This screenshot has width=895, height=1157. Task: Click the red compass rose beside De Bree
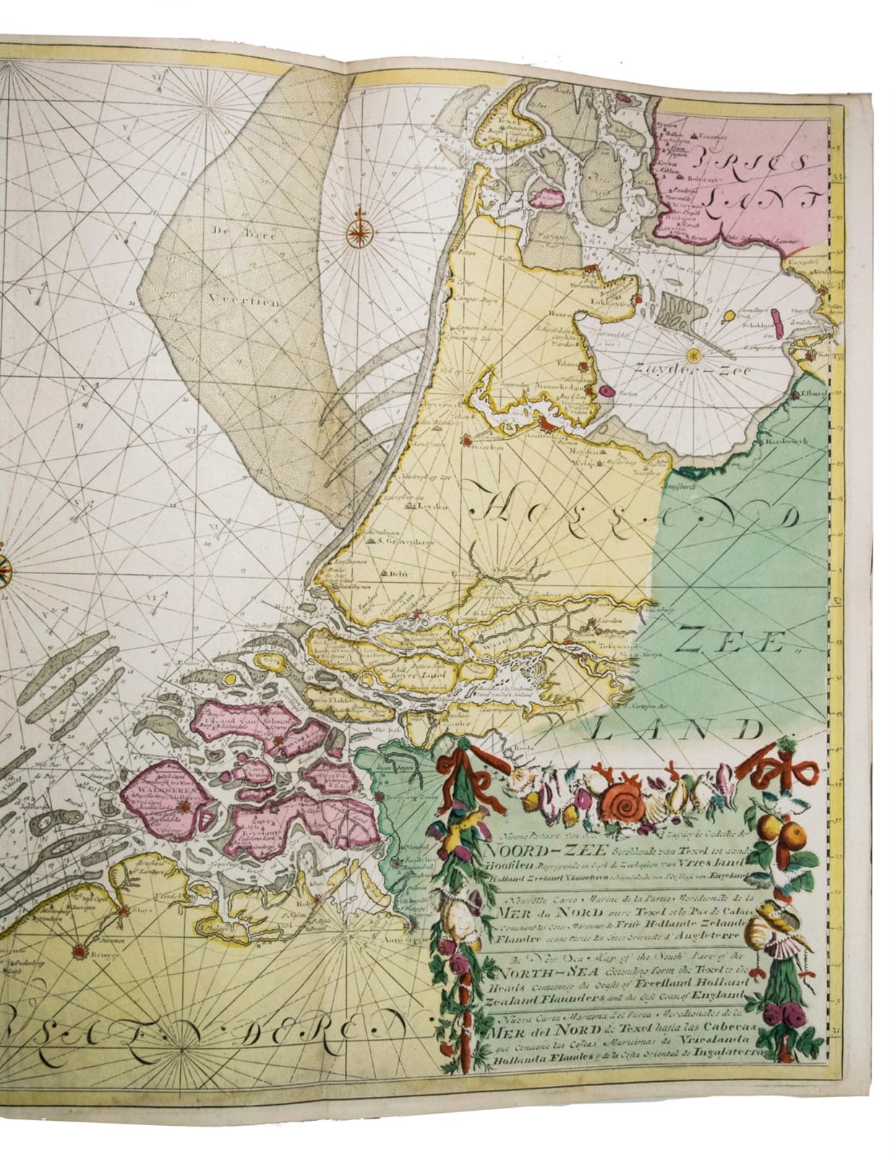(x=358, y=230)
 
